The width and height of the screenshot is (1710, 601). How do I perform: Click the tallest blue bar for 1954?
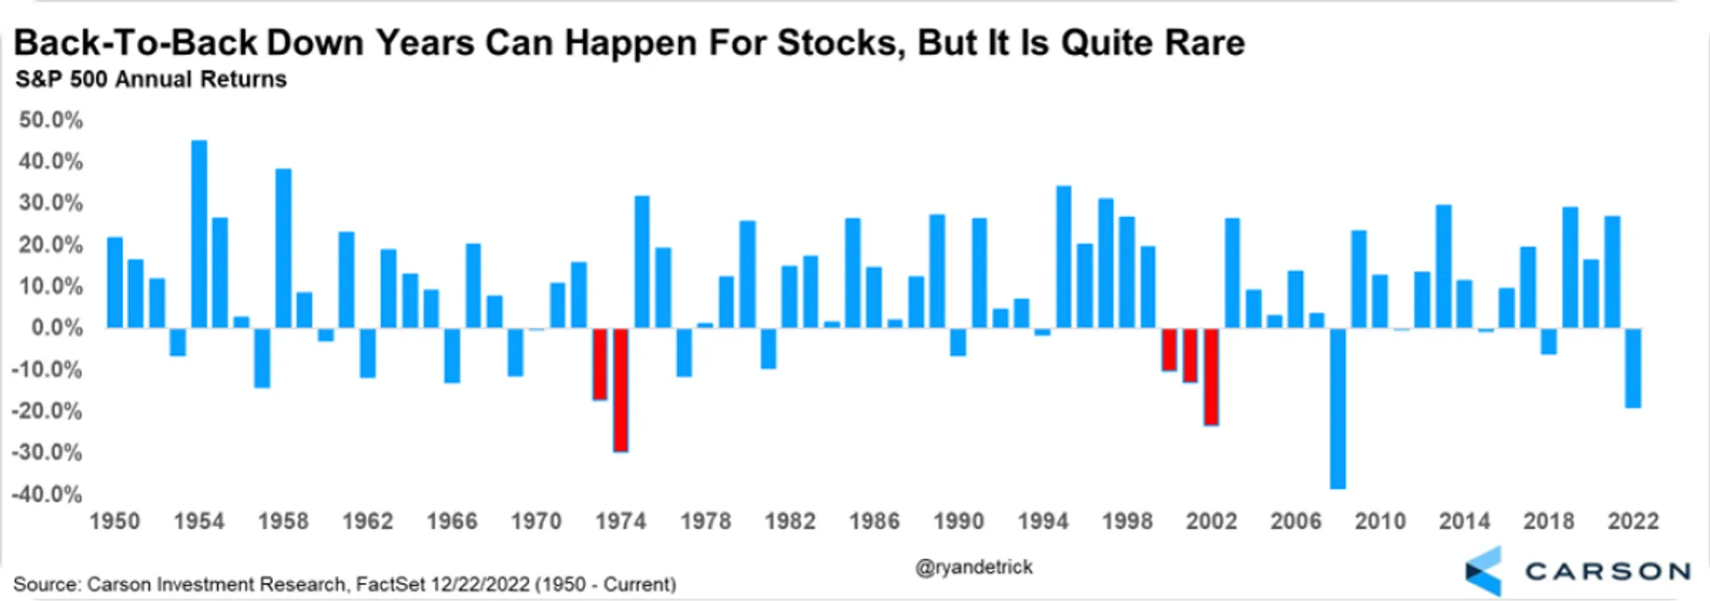coord(199,234)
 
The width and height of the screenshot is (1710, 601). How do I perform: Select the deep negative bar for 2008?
coord(1338,409)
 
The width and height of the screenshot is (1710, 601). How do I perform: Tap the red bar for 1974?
coord(621,390)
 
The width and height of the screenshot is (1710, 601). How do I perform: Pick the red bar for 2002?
coord(1212,377)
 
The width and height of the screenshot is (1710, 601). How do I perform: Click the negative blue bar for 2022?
coord(1633,368)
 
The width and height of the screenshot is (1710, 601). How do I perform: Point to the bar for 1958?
coord(283,249)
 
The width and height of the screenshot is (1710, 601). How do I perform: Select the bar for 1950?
coord(115,283)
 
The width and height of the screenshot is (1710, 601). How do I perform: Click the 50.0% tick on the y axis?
coord(50,120)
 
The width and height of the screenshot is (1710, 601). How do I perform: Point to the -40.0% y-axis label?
coord(46,494)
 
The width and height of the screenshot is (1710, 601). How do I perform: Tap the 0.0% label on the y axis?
coord(56,327)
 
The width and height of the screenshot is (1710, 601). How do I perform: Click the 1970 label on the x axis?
coord(536,521)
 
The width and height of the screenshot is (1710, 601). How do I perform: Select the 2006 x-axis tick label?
coord(1295,521)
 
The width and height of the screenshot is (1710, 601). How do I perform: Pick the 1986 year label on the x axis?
coord(874,521)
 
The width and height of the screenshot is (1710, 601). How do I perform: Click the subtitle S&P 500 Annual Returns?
coord(151,80)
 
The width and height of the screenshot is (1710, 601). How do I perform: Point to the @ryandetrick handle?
coord(974,567)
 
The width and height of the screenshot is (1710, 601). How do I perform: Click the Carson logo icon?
coord(1483,571)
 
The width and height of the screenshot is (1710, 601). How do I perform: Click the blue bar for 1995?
coord(1064,257)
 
